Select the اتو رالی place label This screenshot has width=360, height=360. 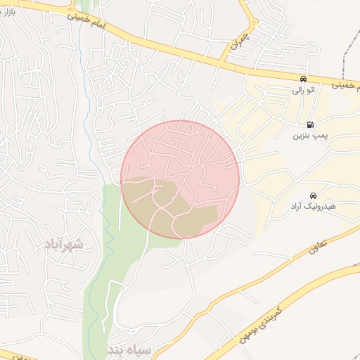(303, 91)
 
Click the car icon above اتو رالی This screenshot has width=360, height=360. (303, 79)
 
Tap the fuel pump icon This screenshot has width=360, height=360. (311, 124)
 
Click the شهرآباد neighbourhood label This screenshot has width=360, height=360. (63, 245)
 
